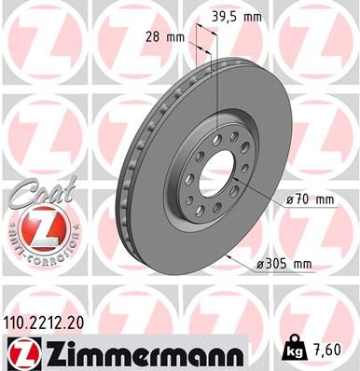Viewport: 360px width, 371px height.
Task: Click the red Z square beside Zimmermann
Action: [19, 353]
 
